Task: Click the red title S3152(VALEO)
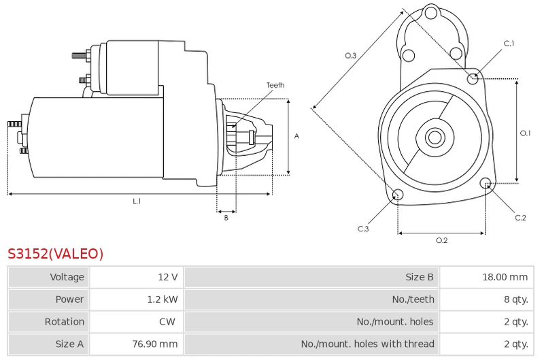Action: (56, 254)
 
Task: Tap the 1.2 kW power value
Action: (163, 299)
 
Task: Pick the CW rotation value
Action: (167, 321)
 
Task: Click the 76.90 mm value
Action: (155, 344)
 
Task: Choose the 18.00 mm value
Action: (505, 277)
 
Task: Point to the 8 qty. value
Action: (516, 299)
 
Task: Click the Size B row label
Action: (420, 277)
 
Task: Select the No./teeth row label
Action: (413, 299)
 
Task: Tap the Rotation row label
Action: (64, 321)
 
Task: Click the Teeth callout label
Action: (275, 85)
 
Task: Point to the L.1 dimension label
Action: (137, 201)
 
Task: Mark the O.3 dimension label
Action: (350, 56)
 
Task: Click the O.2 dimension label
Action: (441, 240)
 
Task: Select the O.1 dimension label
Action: (525, 133)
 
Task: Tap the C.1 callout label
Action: (509, 44)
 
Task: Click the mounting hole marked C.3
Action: (398, 195)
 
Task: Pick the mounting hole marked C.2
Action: (486, 183)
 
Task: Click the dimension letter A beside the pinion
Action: (296, 136)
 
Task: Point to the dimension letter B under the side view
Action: (226, 218)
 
